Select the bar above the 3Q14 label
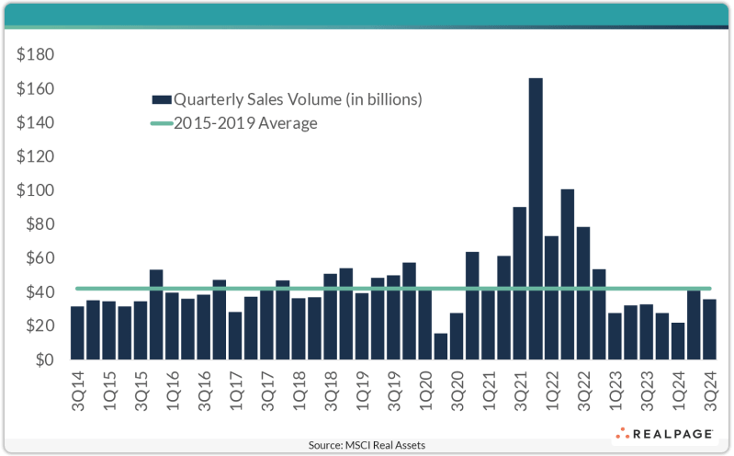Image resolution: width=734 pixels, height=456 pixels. [x=77, y=333]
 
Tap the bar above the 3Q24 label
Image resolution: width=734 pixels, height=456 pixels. [x=708, y=329]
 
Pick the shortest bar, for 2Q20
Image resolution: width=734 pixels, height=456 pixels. [x=440, y=347]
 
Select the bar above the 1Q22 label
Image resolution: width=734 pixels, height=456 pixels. [x=550, y=298]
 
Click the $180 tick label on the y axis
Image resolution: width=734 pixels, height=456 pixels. [x=36, y=55]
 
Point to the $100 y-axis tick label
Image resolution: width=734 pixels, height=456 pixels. [x=36, y=191]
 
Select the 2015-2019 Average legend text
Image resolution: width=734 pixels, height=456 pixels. [x=246, y=123]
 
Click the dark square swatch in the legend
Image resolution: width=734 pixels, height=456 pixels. [x=161, y=98]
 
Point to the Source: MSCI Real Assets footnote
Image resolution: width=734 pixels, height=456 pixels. [x=367, y=445]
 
